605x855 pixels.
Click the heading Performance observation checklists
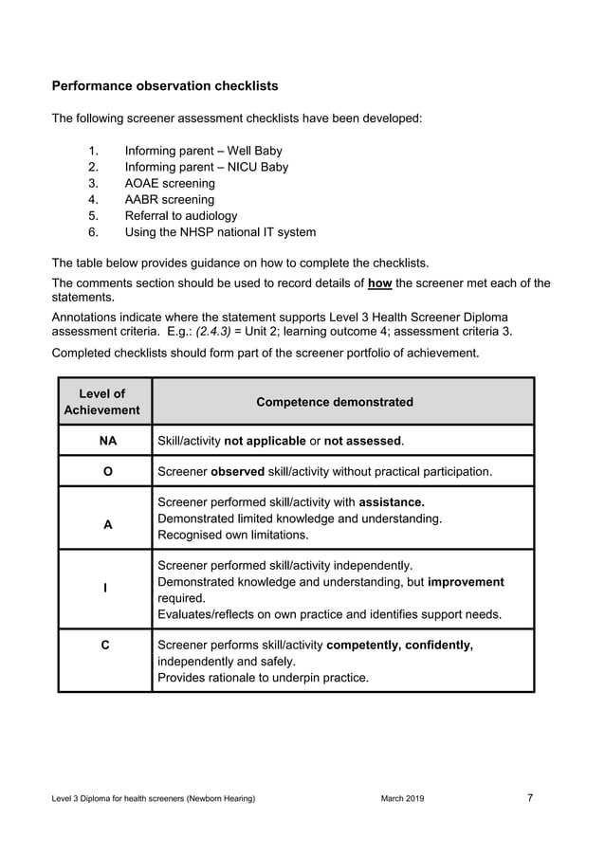(165, 86)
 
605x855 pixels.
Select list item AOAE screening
(170, 183)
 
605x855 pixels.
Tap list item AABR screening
(170, 199)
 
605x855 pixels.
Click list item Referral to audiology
(181, 215)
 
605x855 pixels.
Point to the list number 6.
(93, 231)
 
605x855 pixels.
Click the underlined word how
(379, 282)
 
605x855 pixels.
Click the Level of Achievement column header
(102, 402)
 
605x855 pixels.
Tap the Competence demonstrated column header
(335, 402)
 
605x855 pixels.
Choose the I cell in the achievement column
(104, 589)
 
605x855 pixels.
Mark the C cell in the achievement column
(105, 646)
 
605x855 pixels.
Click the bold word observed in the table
(237, 471)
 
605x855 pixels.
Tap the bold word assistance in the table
(392, 502)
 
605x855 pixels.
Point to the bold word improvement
(466, 582)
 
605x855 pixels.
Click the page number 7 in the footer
(529, 798)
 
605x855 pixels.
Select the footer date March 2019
(402, 799)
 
